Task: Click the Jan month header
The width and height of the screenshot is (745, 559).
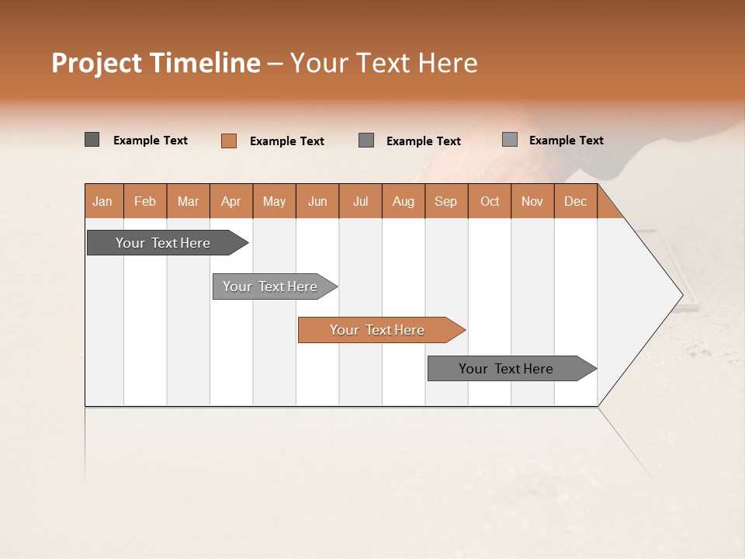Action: [102, 201]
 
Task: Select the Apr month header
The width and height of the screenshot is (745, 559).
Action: [230, 201]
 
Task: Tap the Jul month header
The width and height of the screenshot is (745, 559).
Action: [360, 201]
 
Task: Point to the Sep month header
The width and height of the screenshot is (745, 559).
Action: [445, 201]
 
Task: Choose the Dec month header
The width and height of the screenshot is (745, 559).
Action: [575, 201]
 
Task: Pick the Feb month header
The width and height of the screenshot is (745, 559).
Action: [145, 201]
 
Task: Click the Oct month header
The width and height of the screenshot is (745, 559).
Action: [490, 201]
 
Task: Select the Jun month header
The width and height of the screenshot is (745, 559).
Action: [317, 201]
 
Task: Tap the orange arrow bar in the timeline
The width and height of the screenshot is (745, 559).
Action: [378, 330]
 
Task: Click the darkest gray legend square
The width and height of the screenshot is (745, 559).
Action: [92, 140]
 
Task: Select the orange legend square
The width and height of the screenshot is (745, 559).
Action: [228, 141]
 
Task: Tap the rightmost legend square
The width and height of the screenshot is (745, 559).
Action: [509, 140]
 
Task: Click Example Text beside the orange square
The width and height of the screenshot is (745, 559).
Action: [286, 141]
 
